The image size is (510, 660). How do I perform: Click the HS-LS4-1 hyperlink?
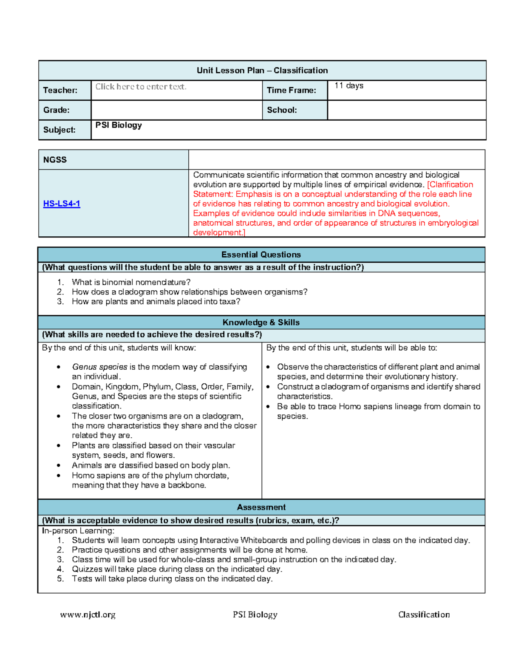[62, 204]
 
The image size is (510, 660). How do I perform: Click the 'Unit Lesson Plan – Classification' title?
[262, 71]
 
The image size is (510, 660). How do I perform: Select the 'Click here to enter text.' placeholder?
[141, 87]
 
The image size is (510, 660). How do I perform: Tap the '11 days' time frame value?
[348, 86]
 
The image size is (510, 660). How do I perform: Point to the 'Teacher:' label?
[60, 90]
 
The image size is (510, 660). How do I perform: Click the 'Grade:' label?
[57, 110]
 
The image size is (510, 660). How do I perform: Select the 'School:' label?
[282, 110]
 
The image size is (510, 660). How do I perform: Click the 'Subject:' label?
[59, 130]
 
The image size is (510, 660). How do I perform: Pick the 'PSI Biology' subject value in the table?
[119, 125]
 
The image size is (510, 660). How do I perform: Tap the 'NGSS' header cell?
[55, 160]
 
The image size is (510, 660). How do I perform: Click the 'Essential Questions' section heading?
[261, 255]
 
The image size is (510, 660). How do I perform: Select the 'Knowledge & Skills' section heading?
[261, 322]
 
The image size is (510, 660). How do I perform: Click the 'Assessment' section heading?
[261, 507]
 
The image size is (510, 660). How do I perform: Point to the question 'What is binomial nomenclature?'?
[131, 282]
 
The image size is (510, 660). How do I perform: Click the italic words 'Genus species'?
[99, 367]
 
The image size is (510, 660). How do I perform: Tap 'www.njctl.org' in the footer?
[88, 615]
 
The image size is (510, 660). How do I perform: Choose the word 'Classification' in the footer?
[424, 615]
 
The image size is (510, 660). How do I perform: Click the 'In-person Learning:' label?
[78, 531]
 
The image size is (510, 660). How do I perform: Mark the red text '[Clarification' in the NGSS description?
[450, 184]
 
